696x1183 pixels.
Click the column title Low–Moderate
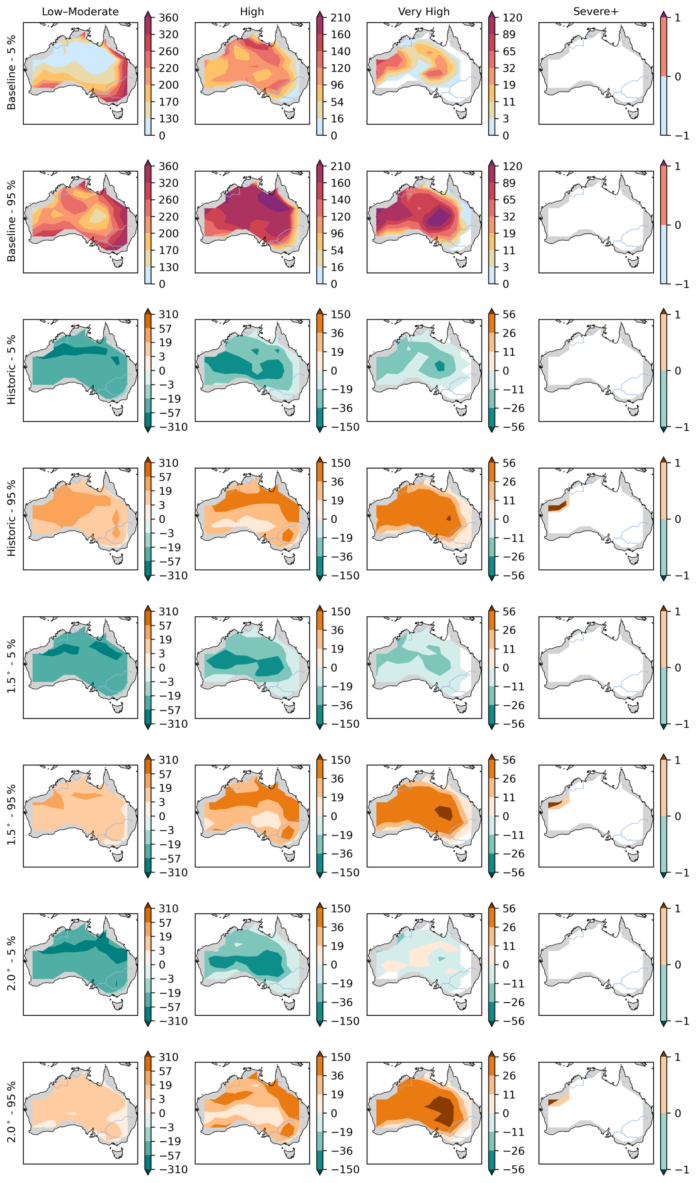coord(80,12)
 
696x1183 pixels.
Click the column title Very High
coord(424,12)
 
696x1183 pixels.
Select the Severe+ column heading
coord(596,12)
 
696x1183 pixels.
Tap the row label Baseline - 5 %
coord(11,73)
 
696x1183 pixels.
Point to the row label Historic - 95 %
coord(11,518)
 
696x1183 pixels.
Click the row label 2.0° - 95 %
coord(11,1112)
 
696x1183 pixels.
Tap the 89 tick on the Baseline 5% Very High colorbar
coord(509,35)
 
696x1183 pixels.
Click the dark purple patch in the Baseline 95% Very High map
coord(438,217)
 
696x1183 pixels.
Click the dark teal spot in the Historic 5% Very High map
coord(440,366)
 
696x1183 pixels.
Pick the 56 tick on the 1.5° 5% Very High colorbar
coord(509,612)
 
